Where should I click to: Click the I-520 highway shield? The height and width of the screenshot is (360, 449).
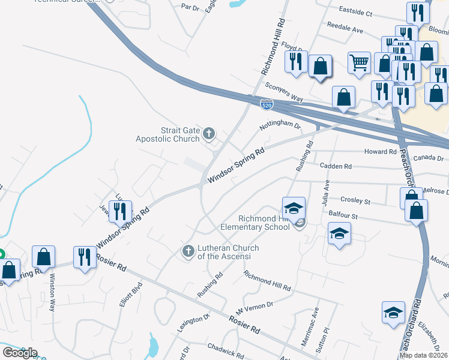pos(267,104)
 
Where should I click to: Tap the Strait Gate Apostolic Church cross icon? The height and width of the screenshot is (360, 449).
pos(209,133)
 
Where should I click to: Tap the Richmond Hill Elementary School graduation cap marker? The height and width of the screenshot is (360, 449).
pos(294,208)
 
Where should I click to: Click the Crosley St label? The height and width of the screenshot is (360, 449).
pos(355,201)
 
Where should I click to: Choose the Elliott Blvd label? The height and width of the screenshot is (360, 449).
pos(130,295)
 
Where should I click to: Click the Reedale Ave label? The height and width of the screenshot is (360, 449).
pos(345,28)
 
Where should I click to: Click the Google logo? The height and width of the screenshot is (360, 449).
pos(20,353)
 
